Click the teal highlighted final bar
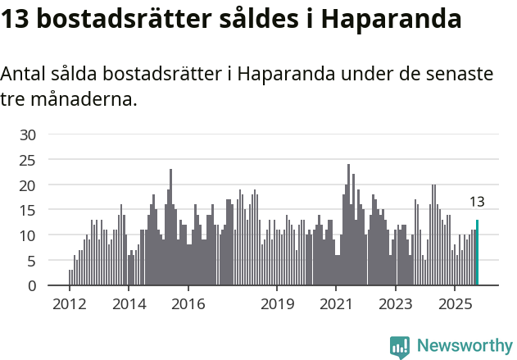click(477, 253)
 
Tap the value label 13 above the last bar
click(477, 202)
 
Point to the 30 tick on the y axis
click(28, 134)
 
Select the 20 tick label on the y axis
click(28, 185)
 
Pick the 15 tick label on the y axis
click(28, 211)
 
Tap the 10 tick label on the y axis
click(28, 235)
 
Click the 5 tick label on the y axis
click(31, 261)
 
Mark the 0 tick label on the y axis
click(31, 286)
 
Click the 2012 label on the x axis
click(70, 304)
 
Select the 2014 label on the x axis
click(129, 304)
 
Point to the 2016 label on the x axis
click(188, 304)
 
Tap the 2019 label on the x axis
click(277, 304)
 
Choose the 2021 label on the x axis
click(336, 304)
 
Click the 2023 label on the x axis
click(396, 304)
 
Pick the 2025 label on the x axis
click(455, 304)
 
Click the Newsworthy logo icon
click(400, 346)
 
